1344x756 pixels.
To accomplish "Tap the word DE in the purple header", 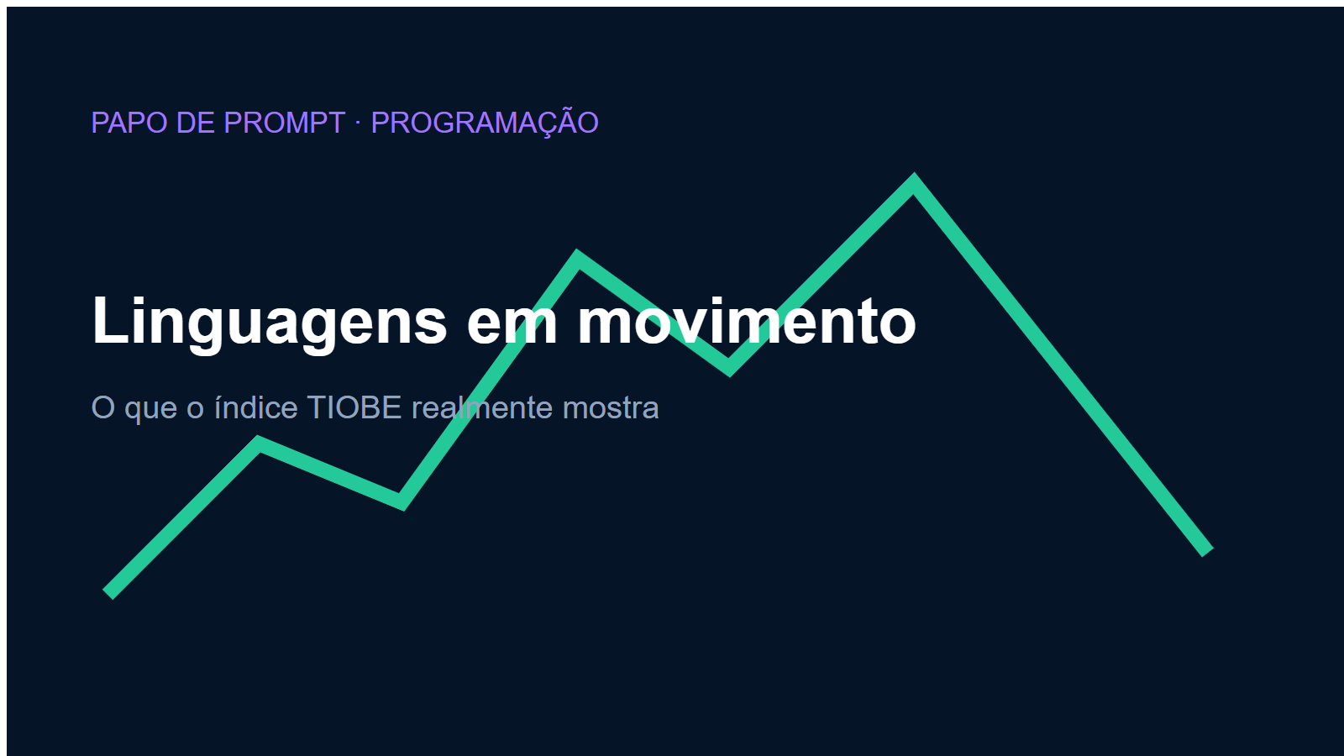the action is (195, 123).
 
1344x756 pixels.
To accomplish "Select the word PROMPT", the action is (285, 123).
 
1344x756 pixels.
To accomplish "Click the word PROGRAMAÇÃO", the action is (485, 123).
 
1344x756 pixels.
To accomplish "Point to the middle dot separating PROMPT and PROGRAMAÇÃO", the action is (358, 123).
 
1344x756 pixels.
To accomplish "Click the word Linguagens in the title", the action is (270, 323).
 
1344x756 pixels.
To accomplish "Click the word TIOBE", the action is (354, 407).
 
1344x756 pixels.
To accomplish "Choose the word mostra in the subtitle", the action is (611, 408).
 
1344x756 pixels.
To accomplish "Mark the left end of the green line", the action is (108, 595).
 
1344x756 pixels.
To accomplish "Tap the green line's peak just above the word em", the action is (577, 257).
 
